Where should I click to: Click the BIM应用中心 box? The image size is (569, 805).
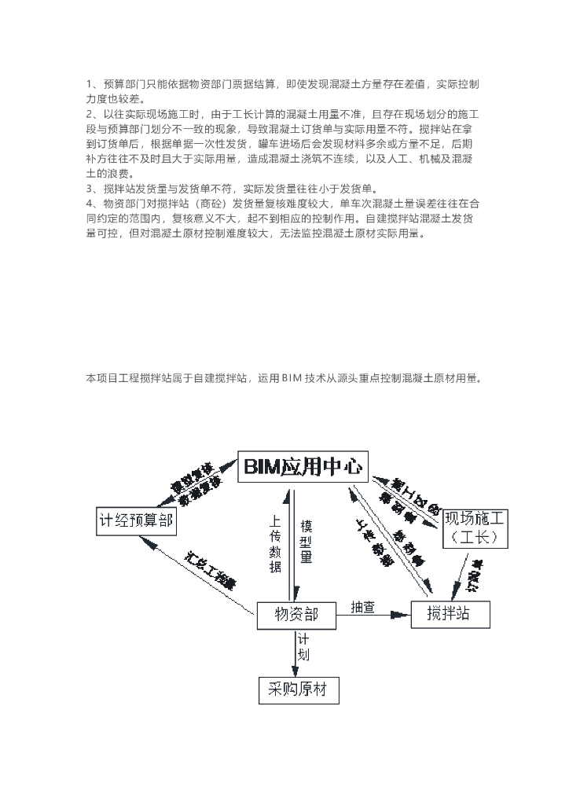(303, 466)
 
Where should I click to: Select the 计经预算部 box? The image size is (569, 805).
(136, 520)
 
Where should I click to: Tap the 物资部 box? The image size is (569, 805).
(297, 614)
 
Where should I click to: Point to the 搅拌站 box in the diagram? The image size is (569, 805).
(450, 614)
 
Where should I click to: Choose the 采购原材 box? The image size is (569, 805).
(298, 689)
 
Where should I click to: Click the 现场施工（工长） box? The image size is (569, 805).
(475, 528)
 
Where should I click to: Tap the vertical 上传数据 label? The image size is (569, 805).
(275, 544)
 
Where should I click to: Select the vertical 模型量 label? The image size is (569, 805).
(307, 542)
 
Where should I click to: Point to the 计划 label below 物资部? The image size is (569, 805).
(303, 648)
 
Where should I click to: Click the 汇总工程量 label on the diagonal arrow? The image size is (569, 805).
(211, 572)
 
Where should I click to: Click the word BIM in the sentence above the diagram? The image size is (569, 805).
(303, 379)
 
